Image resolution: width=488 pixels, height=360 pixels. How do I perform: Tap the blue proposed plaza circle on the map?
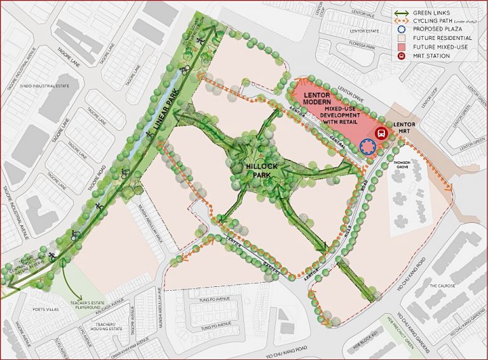(367, 147)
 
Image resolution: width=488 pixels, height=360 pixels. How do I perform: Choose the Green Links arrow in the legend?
(383, 13)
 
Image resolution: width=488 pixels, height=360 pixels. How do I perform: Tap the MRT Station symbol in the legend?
(383, 56)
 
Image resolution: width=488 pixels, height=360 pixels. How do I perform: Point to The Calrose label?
(442, 286)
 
